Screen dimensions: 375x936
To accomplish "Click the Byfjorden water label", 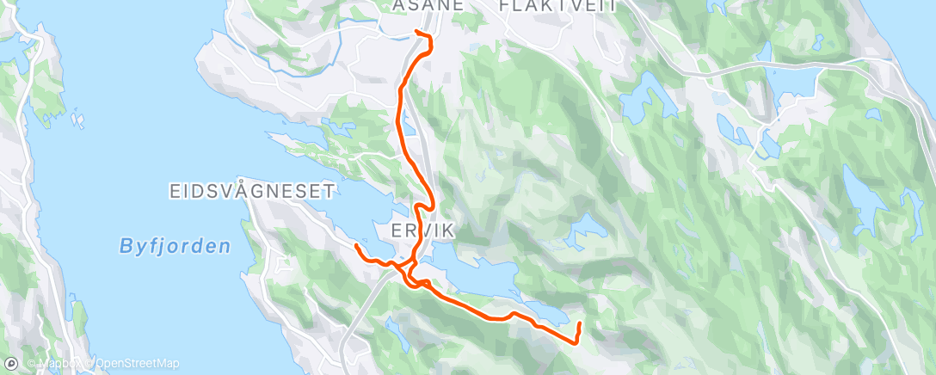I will click(175, 247).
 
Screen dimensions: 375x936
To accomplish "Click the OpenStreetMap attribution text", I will click(137, 365).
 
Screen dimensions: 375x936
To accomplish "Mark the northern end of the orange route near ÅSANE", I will click(417, 32).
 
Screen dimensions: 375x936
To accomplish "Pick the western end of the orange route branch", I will click(355, 246).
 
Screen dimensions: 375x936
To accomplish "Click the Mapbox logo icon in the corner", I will click(11, 365).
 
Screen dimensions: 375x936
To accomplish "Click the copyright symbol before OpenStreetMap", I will click(89, 365).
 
